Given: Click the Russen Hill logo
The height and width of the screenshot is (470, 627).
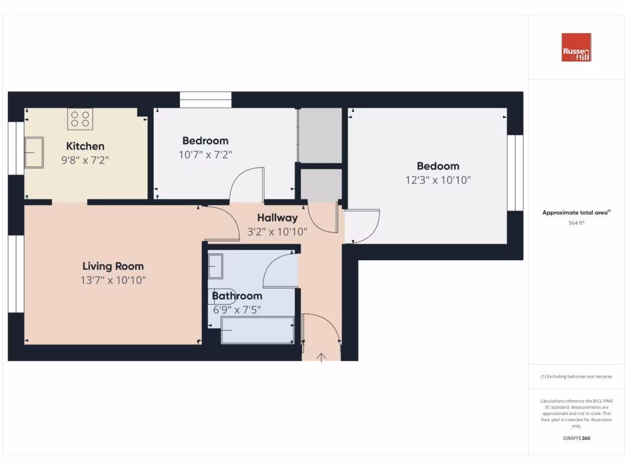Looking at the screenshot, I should click(x=576, y=47).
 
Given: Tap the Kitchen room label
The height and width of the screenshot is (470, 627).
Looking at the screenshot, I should click(x=85, y=146).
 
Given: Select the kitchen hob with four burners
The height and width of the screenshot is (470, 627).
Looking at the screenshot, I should click(x=80, y=119).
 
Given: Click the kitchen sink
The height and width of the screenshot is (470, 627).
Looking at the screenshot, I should click(x=34, y=152).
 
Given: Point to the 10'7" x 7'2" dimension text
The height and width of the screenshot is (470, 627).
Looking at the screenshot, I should click(x=205, y=155).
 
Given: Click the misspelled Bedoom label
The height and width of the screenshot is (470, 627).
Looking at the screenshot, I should click(x=438, y=166).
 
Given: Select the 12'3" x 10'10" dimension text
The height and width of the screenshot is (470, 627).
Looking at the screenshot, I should click(x=437, y=180).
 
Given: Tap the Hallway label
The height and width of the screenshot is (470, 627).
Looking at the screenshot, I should click(x=277, y=217).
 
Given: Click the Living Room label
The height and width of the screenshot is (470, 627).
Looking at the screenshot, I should click(x=113, y=266).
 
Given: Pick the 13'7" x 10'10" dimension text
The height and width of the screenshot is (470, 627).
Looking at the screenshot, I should click(x=113, y=280).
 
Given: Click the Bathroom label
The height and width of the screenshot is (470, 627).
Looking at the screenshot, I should click(x=237, y=296).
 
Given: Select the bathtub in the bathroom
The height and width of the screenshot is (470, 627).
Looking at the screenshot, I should click(x=257, y=330).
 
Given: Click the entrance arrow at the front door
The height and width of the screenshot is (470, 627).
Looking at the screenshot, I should click(x=321, y=357).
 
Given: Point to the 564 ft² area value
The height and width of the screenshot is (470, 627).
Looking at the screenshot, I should click(x=576, y=223).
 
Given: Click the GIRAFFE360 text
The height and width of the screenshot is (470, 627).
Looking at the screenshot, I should click(x=576, y=438).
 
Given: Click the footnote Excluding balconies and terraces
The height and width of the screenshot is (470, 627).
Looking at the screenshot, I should click(x=576, y=377).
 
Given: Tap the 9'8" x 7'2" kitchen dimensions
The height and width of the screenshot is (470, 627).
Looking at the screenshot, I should click(x=85, y=160).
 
